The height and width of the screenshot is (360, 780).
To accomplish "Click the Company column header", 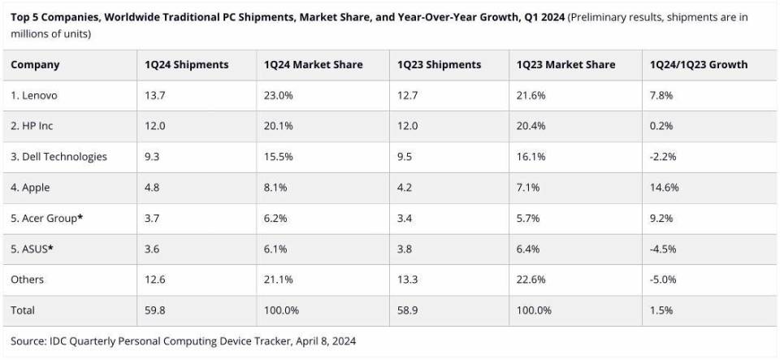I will point(35,65).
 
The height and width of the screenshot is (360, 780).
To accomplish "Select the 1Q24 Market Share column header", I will point(314,65).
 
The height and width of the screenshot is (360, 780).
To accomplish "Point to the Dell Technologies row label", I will point(58,157).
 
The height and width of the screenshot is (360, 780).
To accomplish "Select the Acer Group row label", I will point(43,219).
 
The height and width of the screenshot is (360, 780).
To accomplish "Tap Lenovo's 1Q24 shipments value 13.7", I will point(155,96).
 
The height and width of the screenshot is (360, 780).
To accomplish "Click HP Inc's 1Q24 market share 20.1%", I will point(279,126).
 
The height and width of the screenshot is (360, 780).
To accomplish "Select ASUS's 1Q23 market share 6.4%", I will point(531,249).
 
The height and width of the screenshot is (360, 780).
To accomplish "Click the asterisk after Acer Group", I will point(80,217).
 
